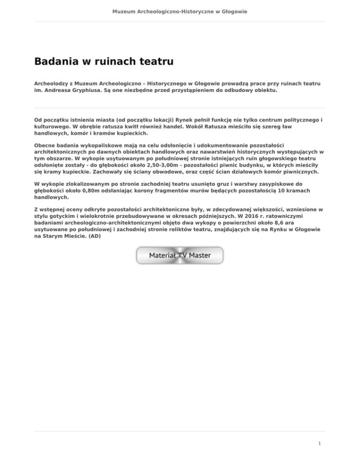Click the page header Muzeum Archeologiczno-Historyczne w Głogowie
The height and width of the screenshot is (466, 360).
tap(180, 11)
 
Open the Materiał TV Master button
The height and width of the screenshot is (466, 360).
tap(180, 256)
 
